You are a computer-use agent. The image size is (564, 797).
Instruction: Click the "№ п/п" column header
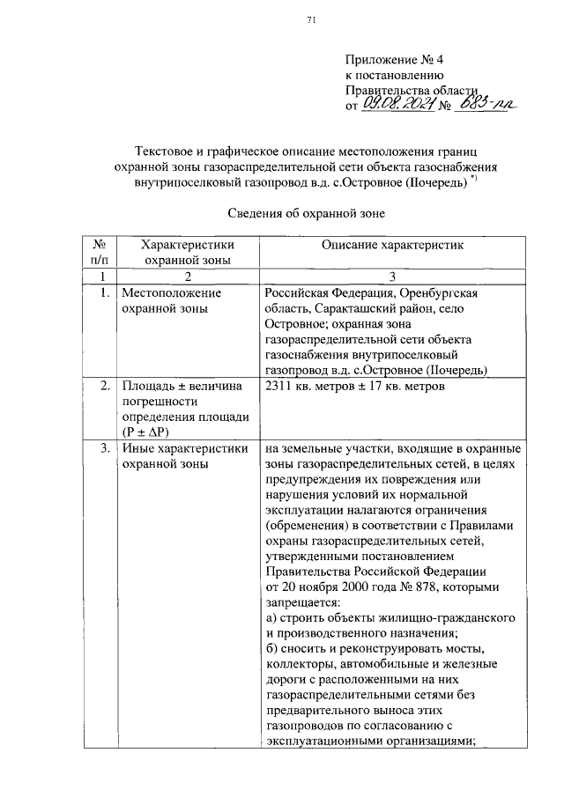(100, 252)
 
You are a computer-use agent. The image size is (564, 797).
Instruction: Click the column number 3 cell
(392, 276)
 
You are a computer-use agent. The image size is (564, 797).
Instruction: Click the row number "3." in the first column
(105, 448)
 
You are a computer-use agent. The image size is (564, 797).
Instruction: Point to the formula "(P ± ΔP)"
(145, 432)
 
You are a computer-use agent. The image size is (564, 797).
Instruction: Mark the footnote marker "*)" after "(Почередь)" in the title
(473, 180)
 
